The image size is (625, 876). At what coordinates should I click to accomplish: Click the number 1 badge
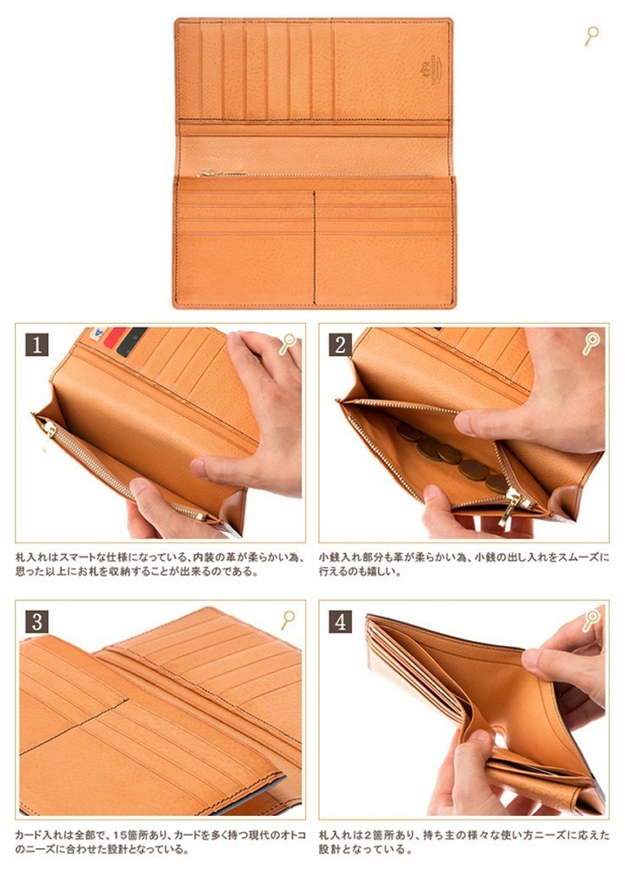click(37, 345)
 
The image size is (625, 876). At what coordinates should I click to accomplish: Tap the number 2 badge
click(341, 345)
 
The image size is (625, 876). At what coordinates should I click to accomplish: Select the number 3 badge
click(37, 621)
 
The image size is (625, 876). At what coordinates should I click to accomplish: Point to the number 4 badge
click(341, 621)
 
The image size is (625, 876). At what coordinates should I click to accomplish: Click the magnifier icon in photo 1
click(288, 343)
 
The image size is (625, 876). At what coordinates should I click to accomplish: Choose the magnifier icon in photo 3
click(288, 620)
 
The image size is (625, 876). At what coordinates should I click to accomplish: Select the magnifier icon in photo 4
click(590, 620)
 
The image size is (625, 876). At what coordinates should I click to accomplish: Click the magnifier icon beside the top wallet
click(591, 36)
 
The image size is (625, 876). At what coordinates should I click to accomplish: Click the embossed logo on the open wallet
click(430, 70)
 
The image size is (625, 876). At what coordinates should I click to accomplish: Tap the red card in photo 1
click(114, 337)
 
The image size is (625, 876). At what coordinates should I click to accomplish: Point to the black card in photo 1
click(131, 342)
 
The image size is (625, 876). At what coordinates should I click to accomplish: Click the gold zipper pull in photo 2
click(510, 505)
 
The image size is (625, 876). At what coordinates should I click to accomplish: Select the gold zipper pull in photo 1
click(49, 430)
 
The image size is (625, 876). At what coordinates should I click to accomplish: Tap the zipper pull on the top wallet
click(208, 172)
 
